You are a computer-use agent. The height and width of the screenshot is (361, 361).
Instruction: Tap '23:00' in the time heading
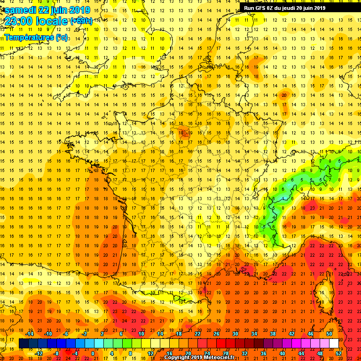(x=18, y=21)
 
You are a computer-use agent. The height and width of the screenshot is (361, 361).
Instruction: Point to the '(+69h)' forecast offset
(x=81, y=21)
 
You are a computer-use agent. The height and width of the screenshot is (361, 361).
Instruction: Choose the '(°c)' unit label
(x=62, y=37)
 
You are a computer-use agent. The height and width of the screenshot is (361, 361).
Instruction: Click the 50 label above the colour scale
(x=329, y=334)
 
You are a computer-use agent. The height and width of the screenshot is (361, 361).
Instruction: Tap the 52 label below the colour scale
(x=338, y=353)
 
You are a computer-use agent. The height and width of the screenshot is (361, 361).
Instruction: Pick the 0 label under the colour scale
(x=93, y=353)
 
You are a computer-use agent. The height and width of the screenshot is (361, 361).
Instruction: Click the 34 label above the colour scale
(x=254, y=334)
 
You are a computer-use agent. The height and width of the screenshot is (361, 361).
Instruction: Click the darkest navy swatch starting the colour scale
(x=24, y=344)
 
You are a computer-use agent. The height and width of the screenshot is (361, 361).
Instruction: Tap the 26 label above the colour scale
(x=216, y=334)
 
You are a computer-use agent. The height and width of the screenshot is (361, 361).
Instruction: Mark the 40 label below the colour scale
(x=282, y=353)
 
